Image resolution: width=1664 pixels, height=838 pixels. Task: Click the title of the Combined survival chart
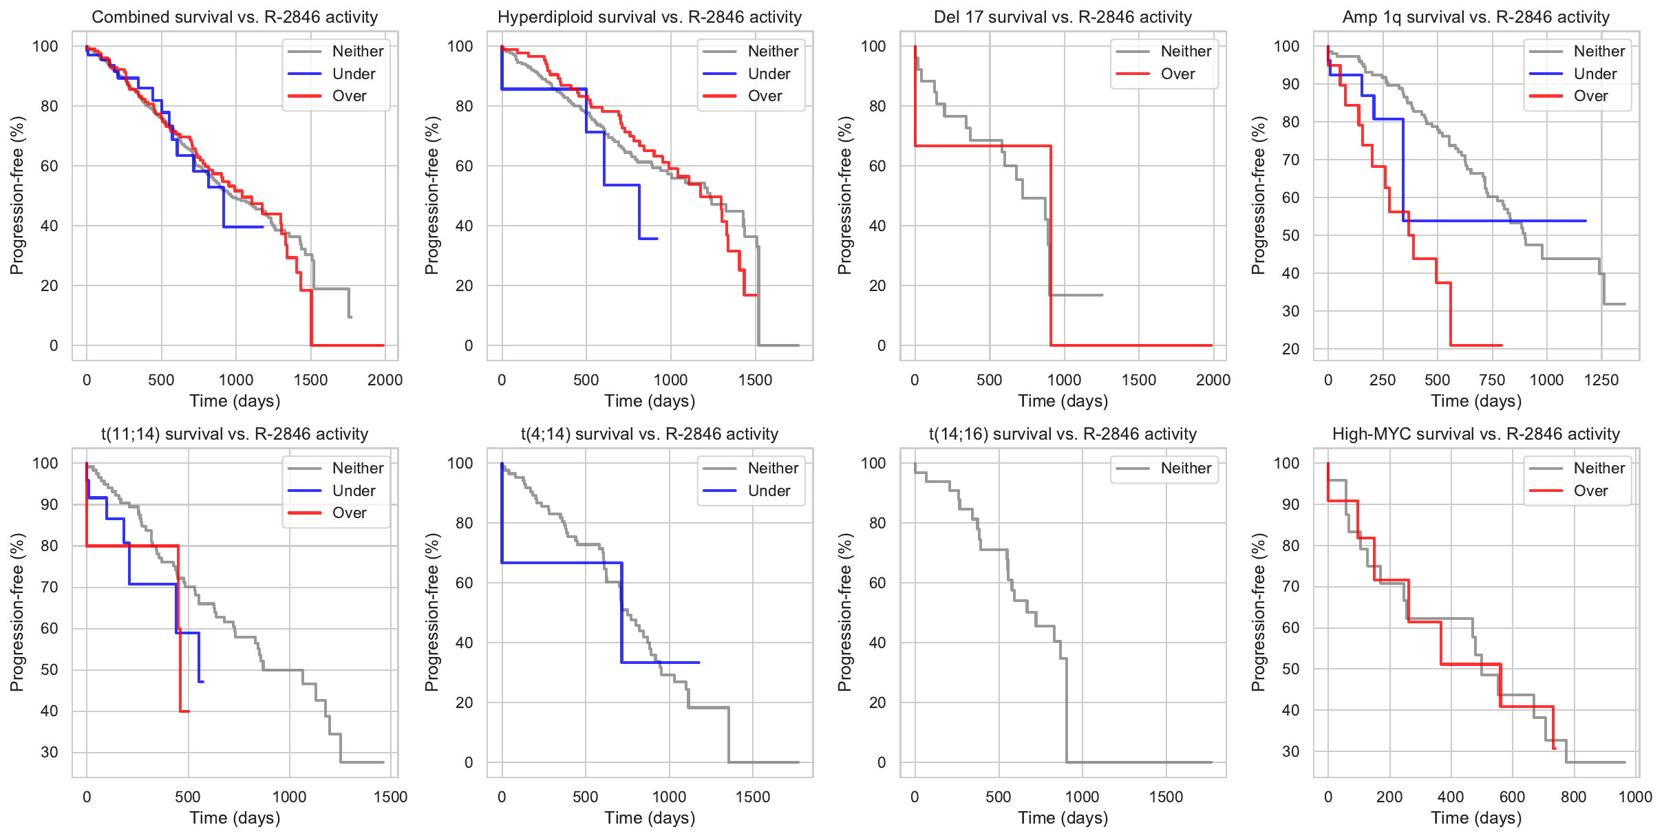click(235, 17)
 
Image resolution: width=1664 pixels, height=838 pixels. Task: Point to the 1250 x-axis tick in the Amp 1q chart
click(1601, 380)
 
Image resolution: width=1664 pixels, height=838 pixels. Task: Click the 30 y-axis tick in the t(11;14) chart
click(50, 752)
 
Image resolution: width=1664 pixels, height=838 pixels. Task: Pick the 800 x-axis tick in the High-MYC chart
click(1574, 797)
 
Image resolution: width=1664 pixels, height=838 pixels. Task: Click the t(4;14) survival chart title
click(650, 434)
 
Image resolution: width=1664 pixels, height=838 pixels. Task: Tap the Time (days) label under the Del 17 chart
click(1063, 401)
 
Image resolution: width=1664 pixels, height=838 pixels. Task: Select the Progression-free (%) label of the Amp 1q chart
click(1259, 195)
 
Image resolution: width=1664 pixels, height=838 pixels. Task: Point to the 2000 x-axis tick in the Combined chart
click(385, 380)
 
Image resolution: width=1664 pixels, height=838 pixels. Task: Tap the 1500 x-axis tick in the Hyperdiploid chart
click(756, 380)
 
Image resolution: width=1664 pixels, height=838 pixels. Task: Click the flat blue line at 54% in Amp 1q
click(1493, 221)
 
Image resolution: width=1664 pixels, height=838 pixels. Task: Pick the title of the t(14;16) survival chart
click(1063, 434)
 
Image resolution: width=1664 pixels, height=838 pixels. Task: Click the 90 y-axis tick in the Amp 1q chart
click(1287, 84)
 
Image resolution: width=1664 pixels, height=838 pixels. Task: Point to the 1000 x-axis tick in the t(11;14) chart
click(289, 797)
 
